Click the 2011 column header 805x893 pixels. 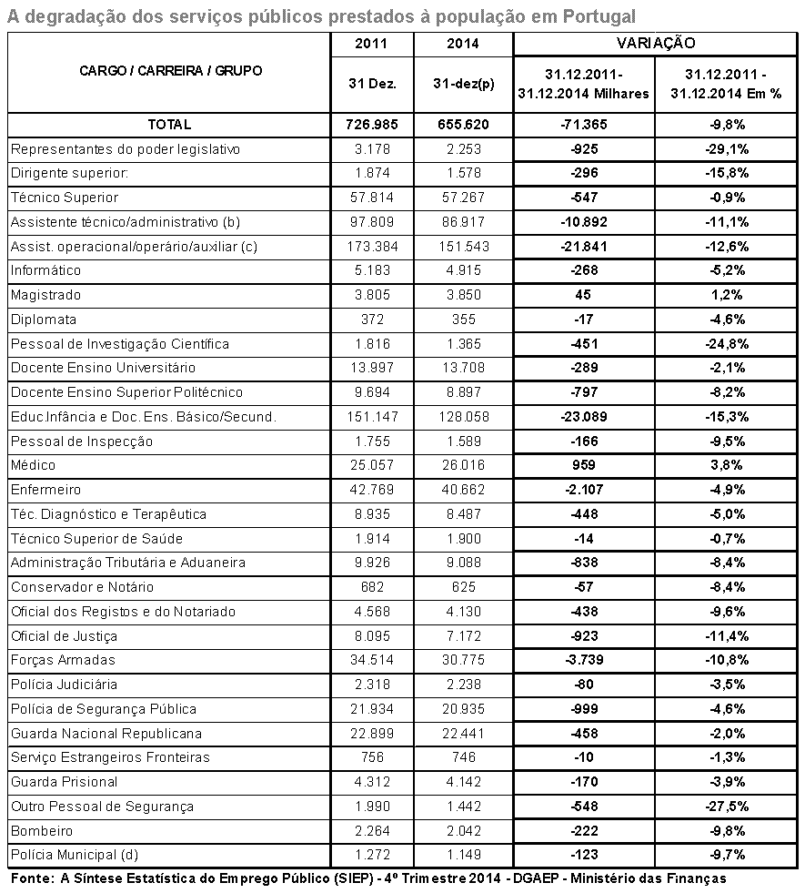372,44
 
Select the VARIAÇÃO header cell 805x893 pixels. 656,44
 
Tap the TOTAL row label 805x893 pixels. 169,125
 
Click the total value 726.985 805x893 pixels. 372,125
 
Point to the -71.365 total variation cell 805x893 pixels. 583,125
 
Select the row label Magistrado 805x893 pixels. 45,295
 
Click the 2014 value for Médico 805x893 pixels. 463,465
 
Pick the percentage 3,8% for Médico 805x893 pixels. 727,465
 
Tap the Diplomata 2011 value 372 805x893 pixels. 372,320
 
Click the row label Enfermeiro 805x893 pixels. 46,490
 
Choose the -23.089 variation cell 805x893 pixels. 583,417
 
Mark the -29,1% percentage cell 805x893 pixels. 727,149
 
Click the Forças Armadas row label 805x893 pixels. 63,660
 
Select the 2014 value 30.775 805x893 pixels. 463,660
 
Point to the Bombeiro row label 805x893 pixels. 42,830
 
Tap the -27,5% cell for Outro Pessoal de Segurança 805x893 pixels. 727,807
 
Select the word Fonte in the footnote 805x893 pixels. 32,878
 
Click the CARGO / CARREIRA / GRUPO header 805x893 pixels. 170,71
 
